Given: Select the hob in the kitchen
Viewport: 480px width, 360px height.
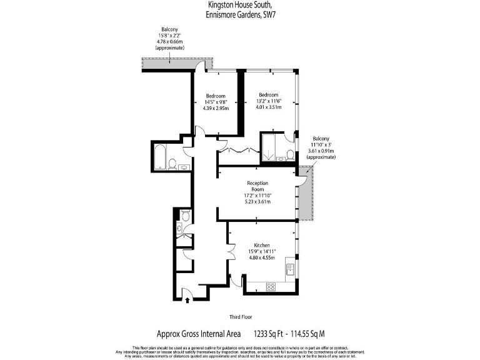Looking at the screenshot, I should point(271,287).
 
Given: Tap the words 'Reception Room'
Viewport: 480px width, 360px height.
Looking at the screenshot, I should point(259,186).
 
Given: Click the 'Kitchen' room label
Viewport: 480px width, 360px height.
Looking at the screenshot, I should point(262,246).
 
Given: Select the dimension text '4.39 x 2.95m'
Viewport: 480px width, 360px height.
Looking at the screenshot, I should point(216,109).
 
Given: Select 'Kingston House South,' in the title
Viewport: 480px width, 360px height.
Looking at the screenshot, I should point(239,4).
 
